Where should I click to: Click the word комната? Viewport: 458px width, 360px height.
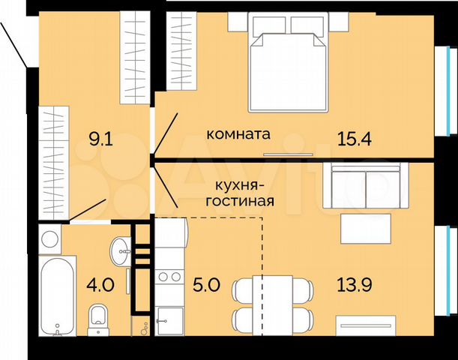(238, 135)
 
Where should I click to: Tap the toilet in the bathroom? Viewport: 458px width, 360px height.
(97, 318)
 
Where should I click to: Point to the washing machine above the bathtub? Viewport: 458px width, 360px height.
(50, 241)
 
